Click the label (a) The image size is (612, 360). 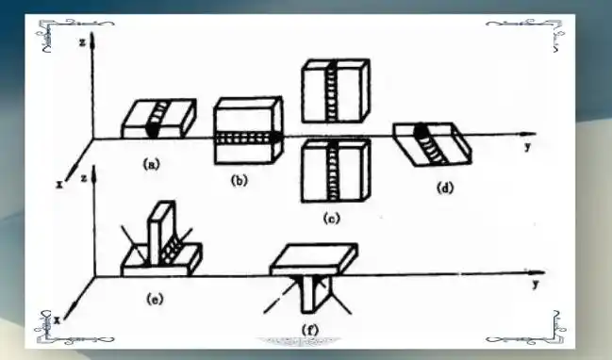point(152,165)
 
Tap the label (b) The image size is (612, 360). point(240,181)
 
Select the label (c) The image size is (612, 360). point(331,219)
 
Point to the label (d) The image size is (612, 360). point(445,188)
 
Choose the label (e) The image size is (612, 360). point(155,300)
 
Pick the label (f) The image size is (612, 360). point(310,330)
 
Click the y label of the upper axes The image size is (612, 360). point(528,147)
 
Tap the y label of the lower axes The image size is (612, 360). point(536,285)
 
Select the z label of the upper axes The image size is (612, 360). point(82,42)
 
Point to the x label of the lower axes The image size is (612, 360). point(57,320)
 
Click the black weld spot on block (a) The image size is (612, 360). point(152,130)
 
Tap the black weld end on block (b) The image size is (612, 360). point(275,138)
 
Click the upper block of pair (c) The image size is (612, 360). point(336,90)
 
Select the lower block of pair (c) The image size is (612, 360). point(336,171)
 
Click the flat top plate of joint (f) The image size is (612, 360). point(314,258)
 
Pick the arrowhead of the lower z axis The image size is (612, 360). point(93,174)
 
